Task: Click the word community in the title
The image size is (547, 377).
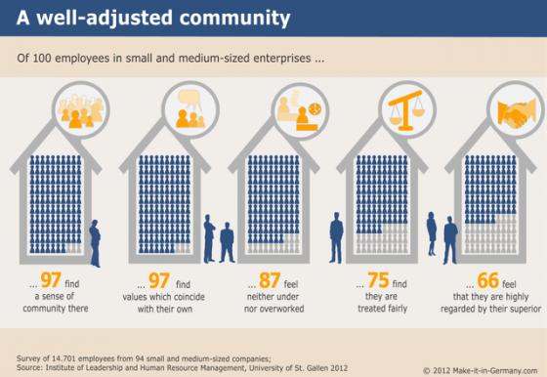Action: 234,19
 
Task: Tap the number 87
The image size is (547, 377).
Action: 270,280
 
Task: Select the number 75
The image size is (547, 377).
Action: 378,280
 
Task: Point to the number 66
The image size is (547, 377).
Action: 487,280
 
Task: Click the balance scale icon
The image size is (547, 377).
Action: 405,109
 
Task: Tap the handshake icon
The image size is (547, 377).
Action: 517,112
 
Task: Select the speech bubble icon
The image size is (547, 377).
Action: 189,99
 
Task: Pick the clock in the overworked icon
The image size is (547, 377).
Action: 315,108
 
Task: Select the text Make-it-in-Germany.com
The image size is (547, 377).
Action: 495,370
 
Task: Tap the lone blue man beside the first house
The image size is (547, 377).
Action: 95,243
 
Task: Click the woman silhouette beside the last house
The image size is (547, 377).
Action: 432,233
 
